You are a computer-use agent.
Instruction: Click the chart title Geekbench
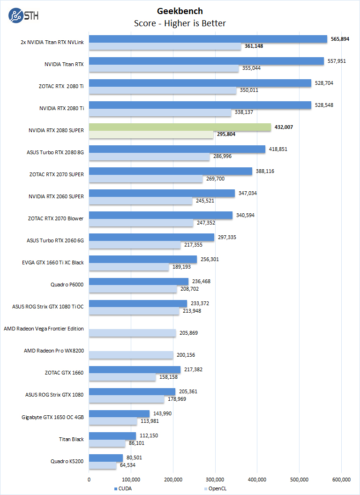180,11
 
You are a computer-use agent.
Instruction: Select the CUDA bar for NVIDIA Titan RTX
206,61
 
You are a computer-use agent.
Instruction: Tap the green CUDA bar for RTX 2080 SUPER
180,127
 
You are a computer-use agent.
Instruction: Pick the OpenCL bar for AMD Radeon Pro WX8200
131,355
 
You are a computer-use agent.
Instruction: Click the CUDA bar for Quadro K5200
106,458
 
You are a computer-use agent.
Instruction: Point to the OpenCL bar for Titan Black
107,443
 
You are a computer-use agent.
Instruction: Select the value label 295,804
226,134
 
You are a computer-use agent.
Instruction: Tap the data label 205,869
190,333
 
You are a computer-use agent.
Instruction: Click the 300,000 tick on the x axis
215,479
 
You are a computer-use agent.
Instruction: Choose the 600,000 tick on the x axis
341,479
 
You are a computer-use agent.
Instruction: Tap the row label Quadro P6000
67,285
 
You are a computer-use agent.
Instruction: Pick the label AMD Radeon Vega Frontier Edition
44,329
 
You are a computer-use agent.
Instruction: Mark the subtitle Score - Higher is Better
180,23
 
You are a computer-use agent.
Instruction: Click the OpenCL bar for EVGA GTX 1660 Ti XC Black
129,267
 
